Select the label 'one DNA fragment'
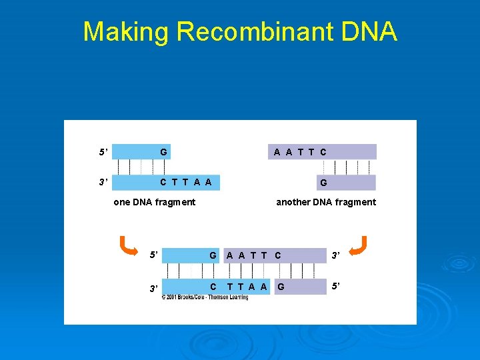(x=155, y=202)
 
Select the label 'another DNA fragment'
(x=326, y=202)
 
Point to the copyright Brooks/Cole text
(x=205, y=297)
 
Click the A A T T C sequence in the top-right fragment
(x=300, y=152)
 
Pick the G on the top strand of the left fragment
(x=163, y=152)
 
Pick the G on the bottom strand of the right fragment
(x=323, y=183)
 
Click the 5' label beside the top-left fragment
(x=103, y=152)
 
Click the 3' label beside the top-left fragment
(x=103, y=182)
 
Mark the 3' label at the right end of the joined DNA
(x=337, y=255)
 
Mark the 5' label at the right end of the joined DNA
(x=337, y=287)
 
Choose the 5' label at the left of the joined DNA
(x=154, y=255)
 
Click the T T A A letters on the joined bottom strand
(x=247, y=287)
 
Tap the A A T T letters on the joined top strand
(x=247, y=255)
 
